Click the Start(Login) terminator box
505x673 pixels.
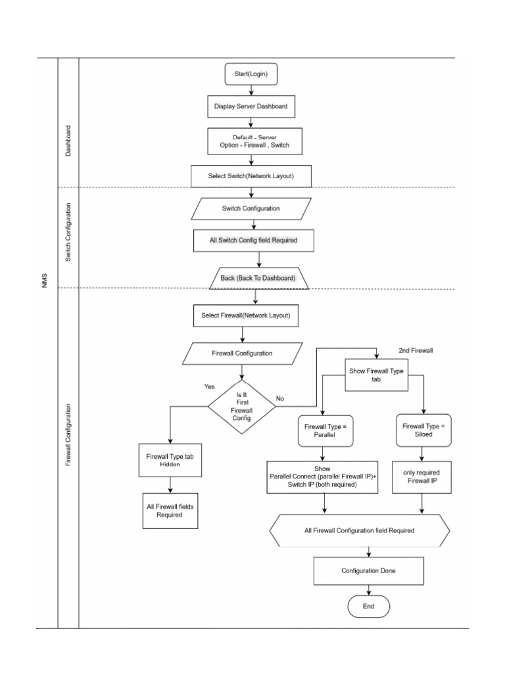pyautogui.click(x=251, y=74)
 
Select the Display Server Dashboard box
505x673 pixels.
pyautogui.click(x=251, y=105)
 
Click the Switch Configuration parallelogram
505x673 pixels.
pyautogui.click(x=251, y=208)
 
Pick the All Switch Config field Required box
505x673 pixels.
pyautogui.click(x=253, y=241)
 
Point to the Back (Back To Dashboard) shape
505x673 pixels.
pyautogui.click(x=258, y=278)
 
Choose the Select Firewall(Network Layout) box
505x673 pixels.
pyautogui.click(x=246, y=315)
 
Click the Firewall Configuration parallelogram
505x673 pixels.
pyautogui.click(x=242, y=353)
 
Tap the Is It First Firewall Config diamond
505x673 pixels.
pyautogui.click(x=241, y=406)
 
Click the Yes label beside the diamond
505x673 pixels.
pyautogui.click(x=209, y=387)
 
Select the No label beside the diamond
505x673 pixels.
pyautogui.click(x=280, y=398)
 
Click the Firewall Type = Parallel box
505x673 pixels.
pyautogui.click(x=325, y=430)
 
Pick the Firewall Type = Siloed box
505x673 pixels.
pyautogui.click(x=423, y=430)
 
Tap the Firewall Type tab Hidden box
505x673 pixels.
pyautogui.click(x=170, y=459)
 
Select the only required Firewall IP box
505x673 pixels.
pyautogui.click(x=421, y=476)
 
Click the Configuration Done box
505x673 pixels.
pyautogui.click(x=368, y=570)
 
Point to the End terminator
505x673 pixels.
pyautogui.click(x=368, y=607)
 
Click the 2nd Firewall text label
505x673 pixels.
pyautogui.click(x=416, y=350)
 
